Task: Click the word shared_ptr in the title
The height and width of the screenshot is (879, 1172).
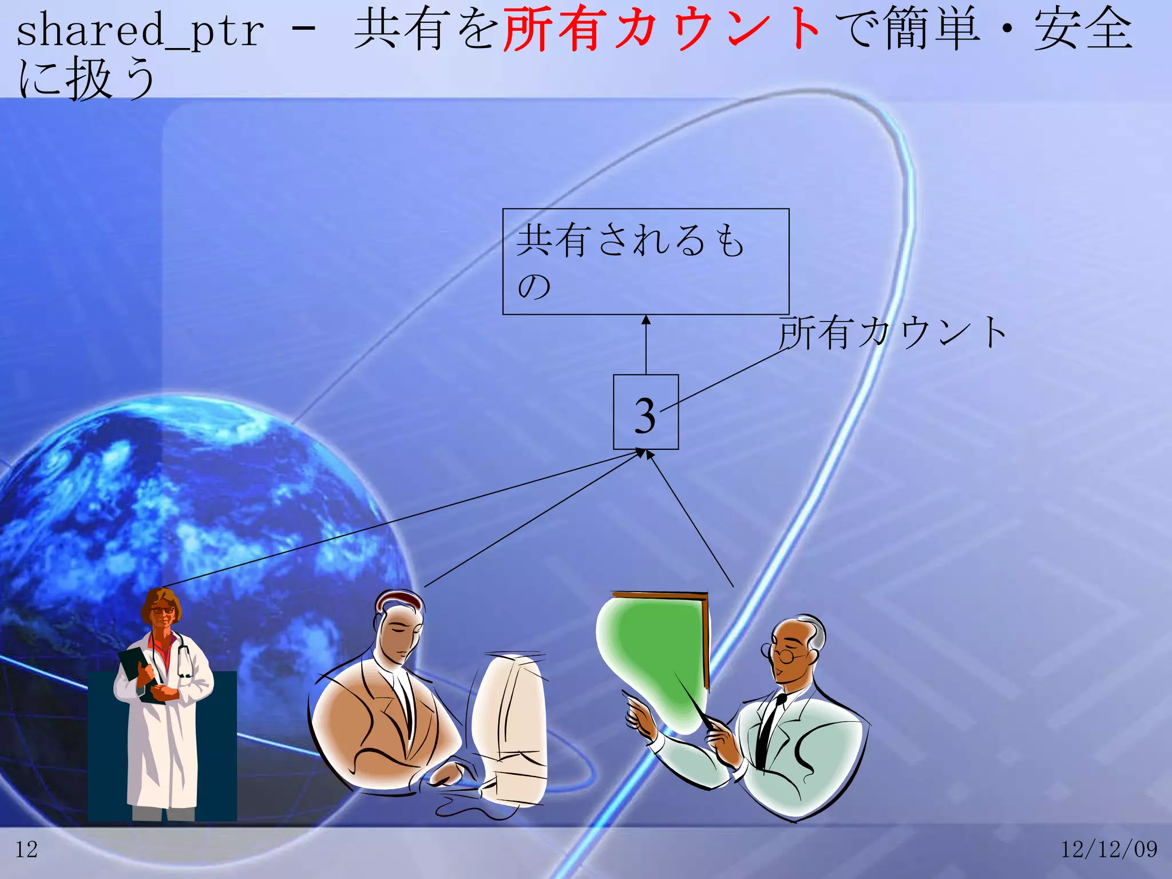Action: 140,31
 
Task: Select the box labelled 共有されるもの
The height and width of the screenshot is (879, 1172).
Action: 646,262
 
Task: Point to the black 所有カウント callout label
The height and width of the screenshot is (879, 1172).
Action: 893,332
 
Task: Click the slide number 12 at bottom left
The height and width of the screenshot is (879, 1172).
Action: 26,849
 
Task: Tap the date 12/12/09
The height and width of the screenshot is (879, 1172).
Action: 1108,849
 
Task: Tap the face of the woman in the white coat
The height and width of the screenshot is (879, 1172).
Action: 163,615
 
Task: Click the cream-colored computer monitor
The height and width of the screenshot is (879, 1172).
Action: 509,727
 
